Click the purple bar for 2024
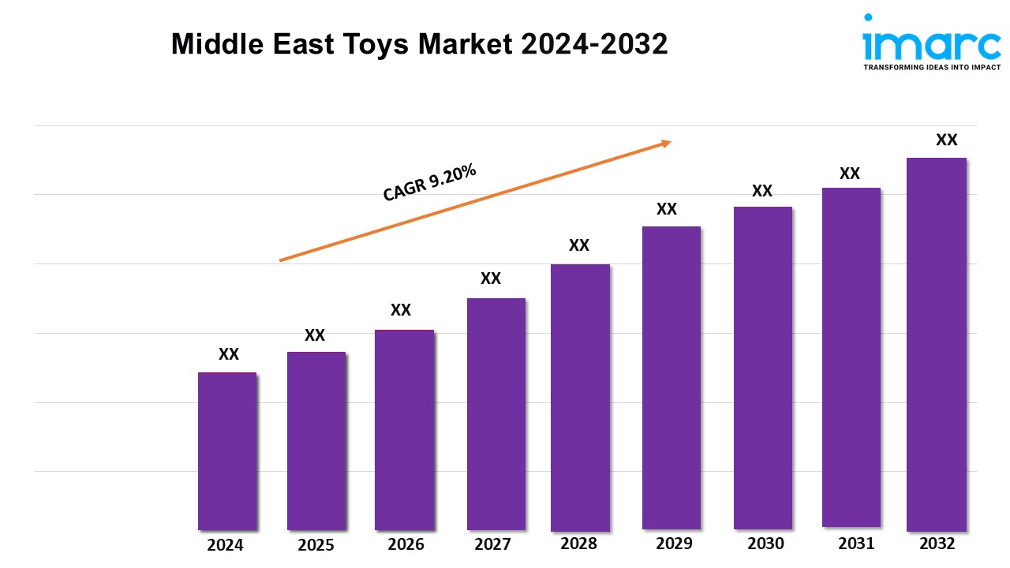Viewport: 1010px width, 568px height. point(227,450)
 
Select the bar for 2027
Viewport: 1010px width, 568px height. point(496,413)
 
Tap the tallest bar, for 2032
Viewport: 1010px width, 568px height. point(936,344)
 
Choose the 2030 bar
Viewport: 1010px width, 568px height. point(762,368)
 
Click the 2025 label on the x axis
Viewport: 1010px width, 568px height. point(316,545)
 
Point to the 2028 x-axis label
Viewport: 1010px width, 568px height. point(578,544)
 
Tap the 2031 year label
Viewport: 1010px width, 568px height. point(855,544)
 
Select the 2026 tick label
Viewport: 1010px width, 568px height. point(406,544)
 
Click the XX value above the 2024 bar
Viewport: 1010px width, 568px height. point(229,355)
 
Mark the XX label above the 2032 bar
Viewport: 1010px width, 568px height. point(946,140)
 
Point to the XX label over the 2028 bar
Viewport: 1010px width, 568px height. point(579,246)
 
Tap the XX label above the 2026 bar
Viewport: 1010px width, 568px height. point(401,310)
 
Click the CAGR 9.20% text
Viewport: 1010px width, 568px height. point(429,183)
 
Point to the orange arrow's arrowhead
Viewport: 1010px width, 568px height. point(665,143)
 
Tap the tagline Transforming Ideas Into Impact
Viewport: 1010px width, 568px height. point(932,68)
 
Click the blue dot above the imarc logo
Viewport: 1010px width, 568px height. point(869,17)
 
